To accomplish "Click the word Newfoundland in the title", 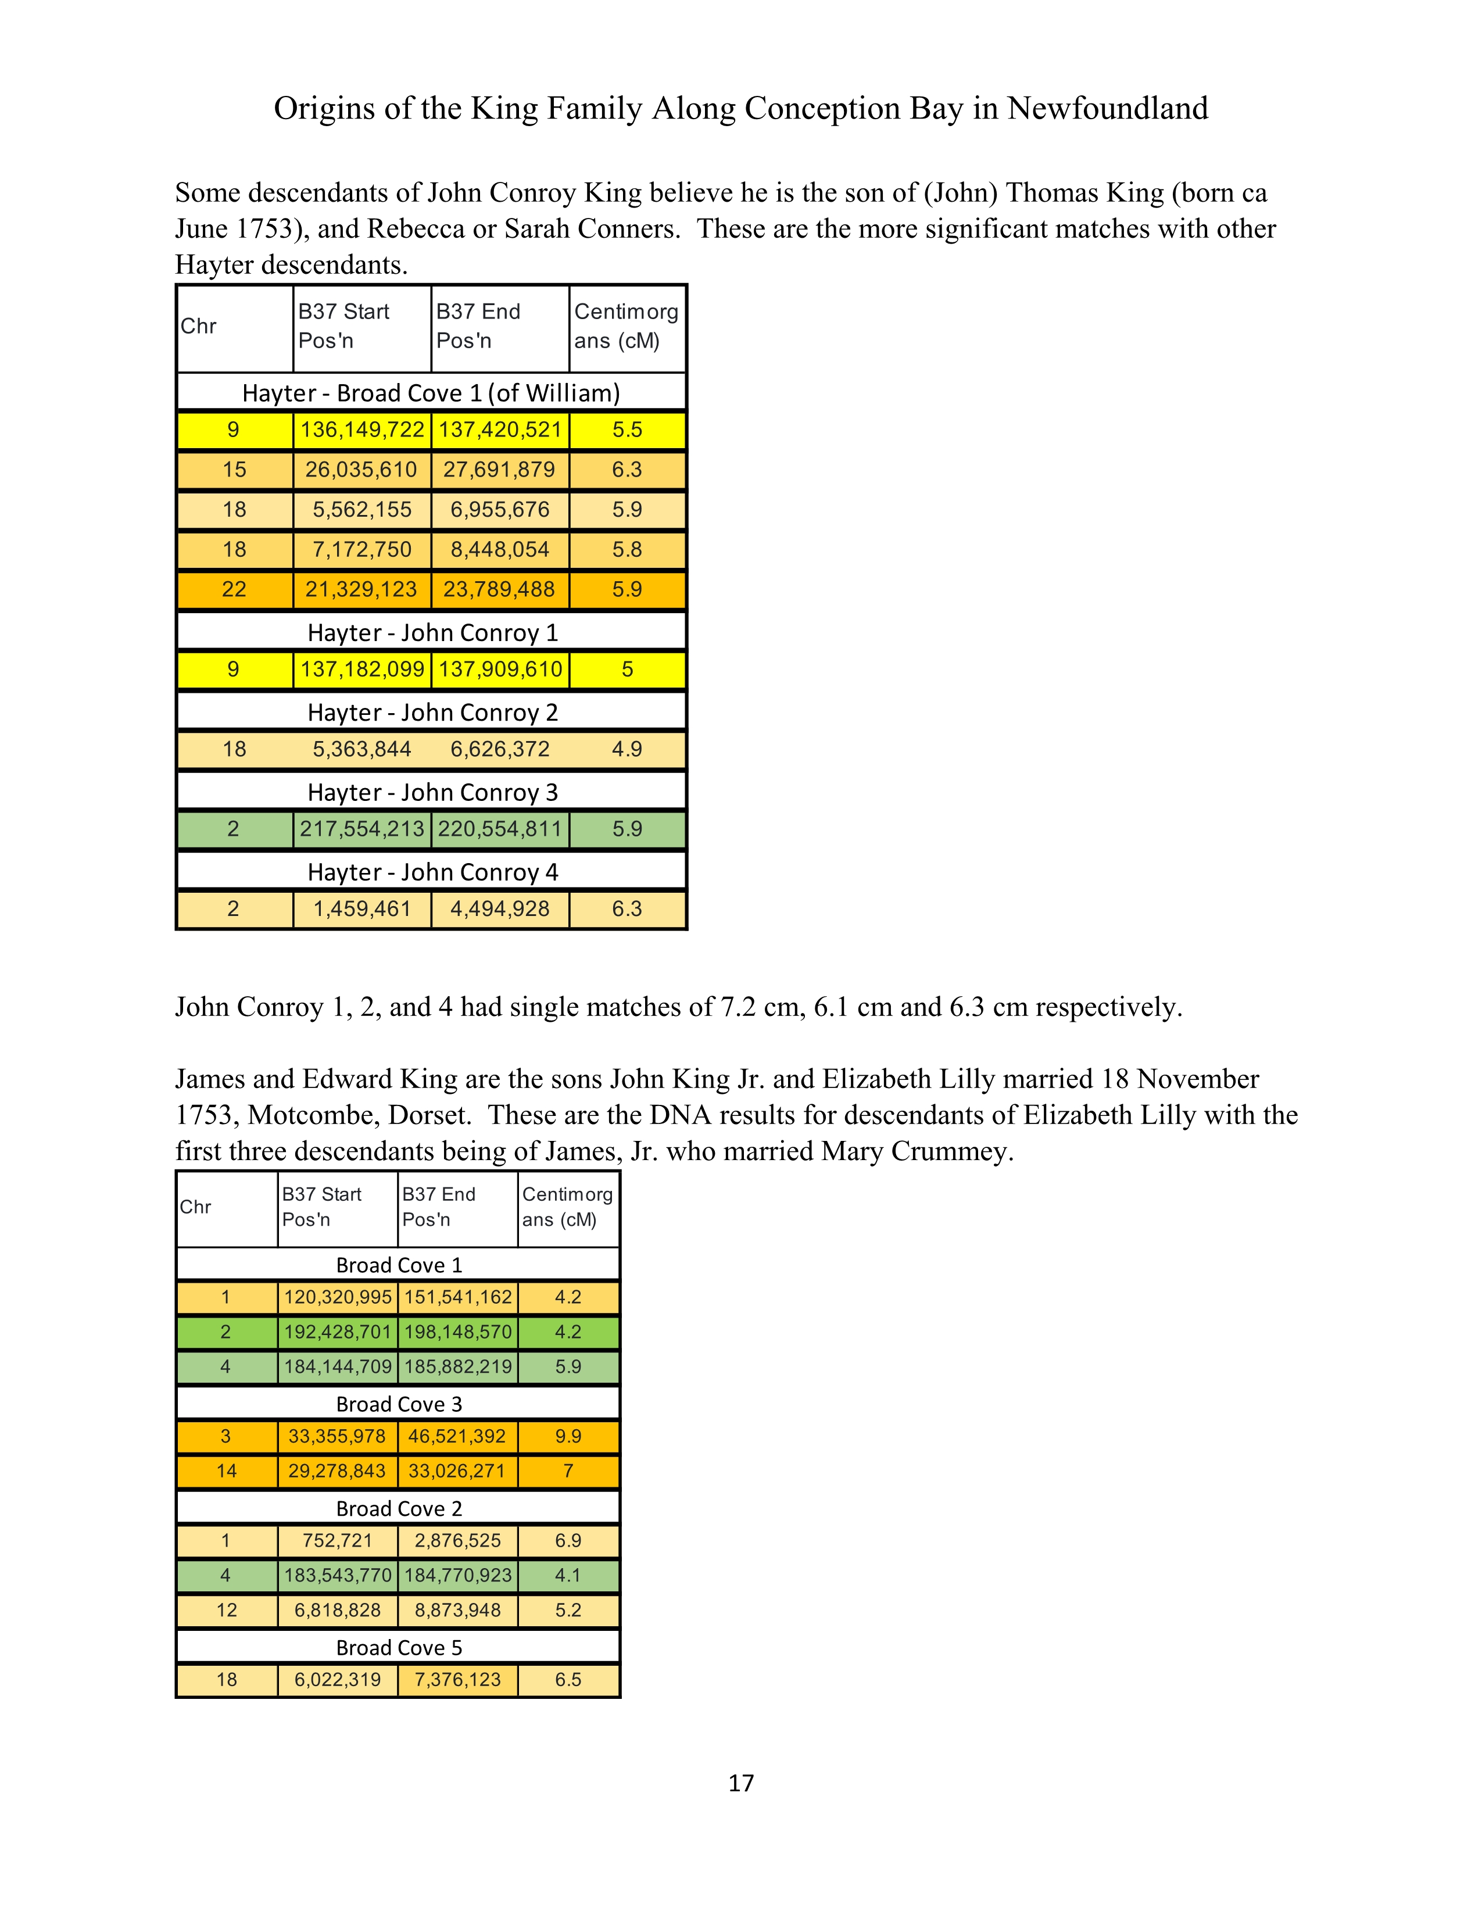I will (x=1107, y=108).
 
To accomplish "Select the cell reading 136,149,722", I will (x=361, y=430).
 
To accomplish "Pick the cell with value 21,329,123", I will (x=361, y=589).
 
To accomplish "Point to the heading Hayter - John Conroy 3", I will (x=432, y=792).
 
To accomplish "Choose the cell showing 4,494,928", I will (x=500, y=909).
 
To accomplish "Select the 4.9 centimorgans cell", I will (x=627, y=749).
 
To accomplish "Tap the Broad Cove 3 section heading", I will (x=399, y=1404).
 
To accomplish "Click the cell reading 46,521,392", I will (x=457, y=1437).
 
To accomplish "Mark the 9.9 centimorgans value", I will (x=568, y=1437).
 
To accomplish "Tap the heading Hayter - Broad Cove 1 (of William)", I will (x=431, y=392).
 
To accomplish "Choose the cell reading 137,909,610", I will (x=500, y=669).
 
